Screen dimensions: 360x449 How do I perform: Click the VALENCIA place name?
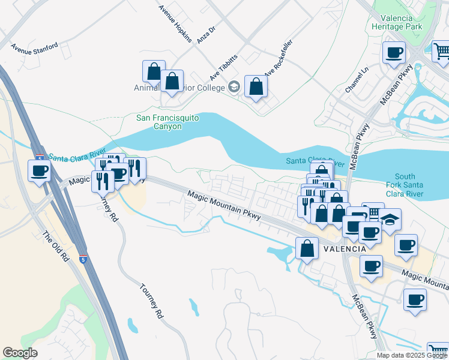pos(345,248)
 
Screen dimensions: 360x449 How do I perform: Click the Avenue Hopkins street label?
pos(175,24)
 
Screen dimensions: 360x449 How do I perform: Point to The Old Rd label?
pos(56,247)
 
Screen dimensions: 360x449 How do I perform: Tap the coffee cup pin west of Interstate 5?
pos(40,171)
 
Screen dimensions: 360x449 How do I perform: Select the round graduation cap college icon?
pos(234,87)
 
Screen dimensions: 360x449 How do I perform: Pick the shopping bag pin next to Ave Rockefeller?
pos(256,86)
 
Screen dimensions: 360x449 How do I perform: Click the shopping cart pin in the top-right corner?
pos(441,51)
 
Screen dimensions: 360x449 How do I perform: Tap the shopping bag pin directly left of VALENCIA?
pos(307,248)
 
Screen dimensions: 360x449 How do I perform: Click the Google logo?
pos(20,353)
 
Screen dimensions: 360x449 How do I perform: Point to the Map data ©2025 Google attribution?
pos(411,355)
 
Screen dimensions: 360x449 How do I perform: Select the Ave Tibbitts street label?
pos(223,67)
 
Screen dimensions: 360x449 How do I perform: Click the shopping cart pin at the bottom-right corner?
pos(438,350)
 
